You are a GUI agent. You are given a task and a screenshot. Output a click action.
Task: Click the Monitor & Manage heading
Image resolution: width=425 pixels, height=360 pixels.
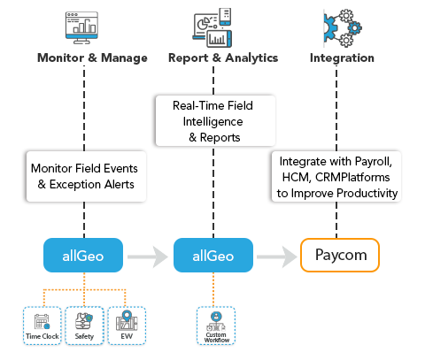click(x=92, y=57)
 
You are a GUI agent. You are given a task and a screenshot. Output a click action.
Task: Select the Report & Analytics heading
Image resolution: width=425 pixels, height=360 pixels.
click(x=223, y=58)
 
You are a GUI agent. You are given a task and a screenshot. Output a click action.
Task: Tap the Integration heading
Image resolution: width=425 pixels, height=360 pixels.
click(x=342, y=58)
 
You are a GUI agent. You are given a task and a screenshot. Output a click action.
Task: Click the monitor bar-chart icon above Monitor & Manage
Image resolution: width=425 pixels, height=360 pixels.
click(x=81, y=27)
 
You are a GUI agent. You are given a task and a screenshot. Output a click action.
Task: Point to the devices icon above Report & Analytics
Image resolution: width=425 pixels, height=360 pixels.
click(x=212, y=27)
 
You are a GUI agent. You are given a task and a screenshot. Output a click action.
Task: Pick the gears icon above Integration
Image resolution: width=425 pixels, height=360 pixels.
click(x=343, y=28)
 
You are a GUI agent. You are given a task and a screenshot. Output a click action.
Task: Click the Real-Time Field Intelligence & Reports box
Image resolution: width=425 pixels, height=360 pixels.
click(x=215, y=120)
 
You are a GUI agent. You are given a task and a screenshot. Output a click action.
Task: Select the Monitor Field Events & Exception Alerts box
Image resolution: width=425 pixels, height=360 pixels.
click(x=86, y=176)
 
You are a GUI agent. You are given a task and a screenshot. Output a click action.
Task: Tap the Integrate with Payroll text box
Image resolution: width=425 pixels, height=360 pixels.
click(x=336, y=177)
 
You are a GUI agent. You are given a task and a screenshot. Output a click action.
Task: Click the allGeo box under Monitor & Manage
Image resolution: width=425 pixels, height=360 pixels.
click(x=83, y=256)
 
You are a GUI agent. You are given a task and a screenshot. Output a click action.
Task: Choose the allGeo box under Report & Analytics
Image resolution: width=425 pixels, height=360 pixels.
click(x=213, y=256)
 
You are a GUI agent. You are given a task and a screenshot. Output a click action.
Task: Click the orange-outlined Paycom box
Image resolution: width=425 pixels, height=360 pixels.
click(x=340, y=255)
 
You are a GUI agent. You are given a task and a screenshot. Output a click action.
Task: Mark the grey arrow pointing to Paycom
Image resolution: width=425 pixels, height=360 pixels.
click(x=277, y=257)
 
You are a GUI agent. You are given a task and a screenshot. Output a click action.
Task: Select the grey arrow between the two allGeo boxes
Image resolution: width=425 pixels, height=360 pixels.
click(x=148, y=257)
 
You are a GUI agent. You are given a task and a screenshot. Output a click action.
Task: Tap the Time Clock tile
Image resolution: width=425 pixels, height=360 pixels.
click(x=42, y=326)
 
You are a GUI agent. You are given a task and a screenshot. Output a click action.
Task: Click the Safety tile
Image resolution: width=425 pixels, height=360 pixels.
click(x=84, y=326)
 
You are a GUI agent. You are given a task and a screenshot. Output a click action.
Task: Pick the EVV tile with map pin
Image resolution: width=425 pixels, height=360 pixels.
click(x=127, y=326)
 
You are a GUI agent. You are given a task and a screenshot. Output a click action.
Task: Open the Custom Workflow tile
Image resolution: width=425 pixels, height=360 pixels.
click(x=216, y=326)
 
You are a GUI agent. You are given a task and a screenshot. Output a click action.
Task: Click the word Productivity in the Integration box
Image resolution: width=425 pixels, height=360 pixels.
click(x=367, y=194)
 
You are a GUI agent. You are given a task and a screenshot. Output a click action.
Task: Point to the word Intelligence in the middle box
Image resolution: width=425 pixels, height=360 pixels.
click(x=212, y=122)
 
